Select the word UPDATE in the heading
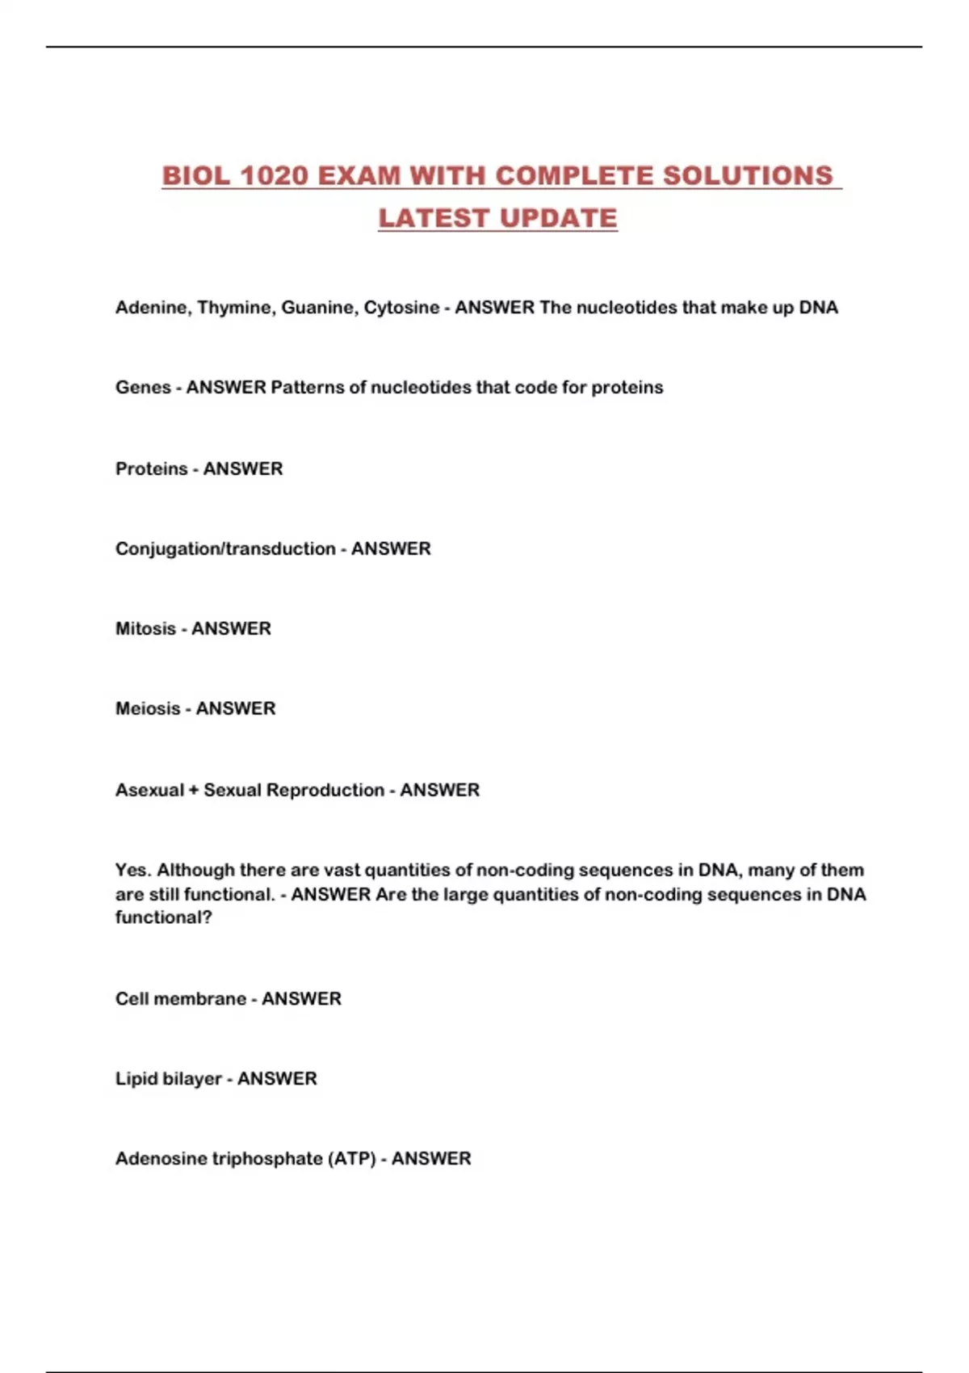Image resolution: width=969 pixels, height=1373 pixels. pos(558,218)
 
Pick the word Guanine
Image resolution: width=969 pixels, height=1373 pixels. pos(318,308)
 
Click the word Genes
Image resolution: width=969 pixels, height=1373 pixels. pos(143,388)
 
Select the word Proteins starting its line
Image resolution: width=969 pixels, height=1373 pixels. pos(151,469)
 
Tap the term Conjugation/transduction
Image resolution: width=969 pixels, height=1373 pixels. pos(225,549)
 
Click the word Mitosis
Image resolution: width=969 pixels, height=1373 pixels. pos(145,629)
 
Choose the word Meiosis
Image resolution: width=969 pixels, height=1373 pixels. pos(148,709)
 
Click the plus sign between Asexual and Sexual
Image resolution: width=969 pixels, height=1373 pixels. pos(194,791)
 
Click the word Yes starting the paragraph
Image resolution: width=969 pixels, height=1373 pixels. pos(132,871)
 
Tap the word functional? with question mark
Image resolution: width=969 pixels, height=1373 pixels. pos(163,917)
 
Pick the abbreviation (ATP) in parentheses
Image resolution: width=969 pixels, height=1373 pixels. pos(352,1159)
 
